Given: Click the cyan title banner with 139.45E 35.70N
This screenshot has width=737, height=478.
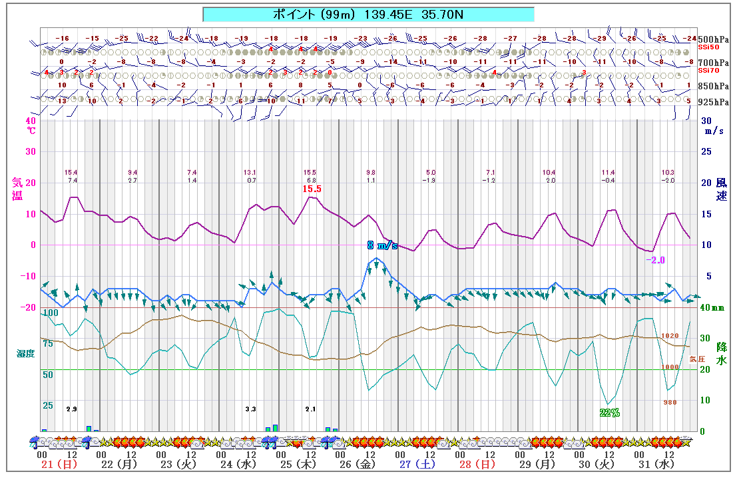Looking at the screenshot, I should [368, 14].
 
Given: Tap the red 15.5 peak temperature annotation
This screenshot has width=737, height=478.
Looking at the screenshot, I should [312, 189].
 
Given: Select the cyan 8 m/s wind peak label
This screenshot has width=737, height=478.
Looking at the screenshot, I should [382, 245].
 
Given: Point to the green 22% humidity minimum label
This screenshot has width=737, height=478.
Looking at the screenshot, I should [609, 413].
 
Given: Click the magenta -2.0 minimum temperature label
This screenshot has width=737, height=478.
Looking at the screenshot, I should [655, 260].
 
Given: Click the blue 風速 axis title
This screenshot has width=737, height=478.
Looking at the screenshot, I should [721, 189].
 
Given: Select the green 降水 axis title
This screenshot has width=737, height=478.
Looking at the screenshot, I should [721, 353].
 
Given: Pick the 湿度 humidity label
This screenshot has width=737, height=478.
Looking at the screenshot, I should [26, 353].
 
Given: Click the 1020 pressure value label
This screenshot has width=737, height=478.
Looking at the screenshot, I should [670, 336].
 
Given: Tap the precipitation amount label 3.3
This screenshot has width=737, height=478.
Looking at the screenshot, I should [250, 408].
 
